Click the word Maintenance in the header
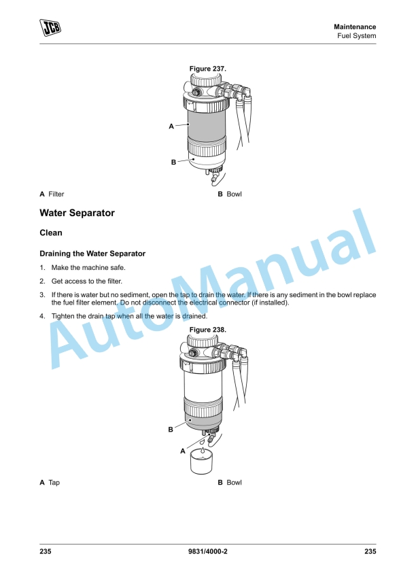(354, 27)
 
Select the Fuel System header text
(357, 36)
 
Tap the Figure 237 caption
(207, 69)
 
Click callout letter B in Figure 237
(173, 162)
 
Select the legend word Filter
(56, 194)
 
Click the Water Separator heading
(77, 213)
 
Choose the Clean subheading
(52, 233)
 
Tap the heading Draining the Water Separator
(92, 254)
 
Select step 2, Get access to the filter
(88, 281)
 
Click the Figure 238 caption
(207, 330)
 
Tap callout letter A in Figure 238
(182, 451)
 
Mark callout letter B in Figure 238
(171, 430)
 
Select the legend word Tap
(54, 483)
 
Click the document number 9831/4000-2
(207, 551)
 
